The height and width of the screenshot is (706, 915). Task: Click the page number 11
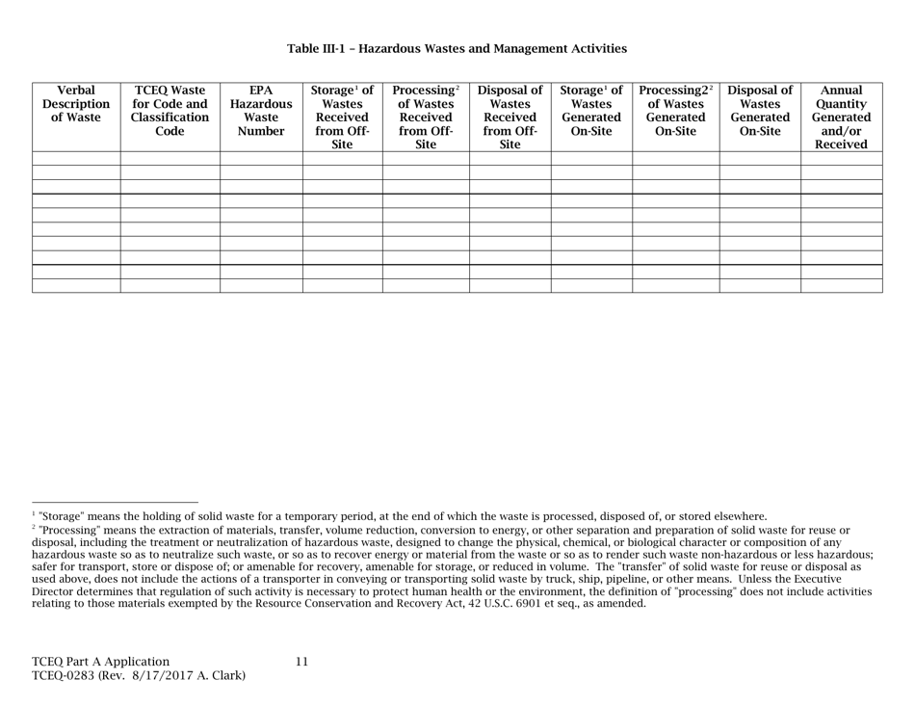coord(301,662)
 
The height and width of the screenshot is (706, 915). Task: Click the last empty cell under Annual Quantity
coord(842,285)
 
